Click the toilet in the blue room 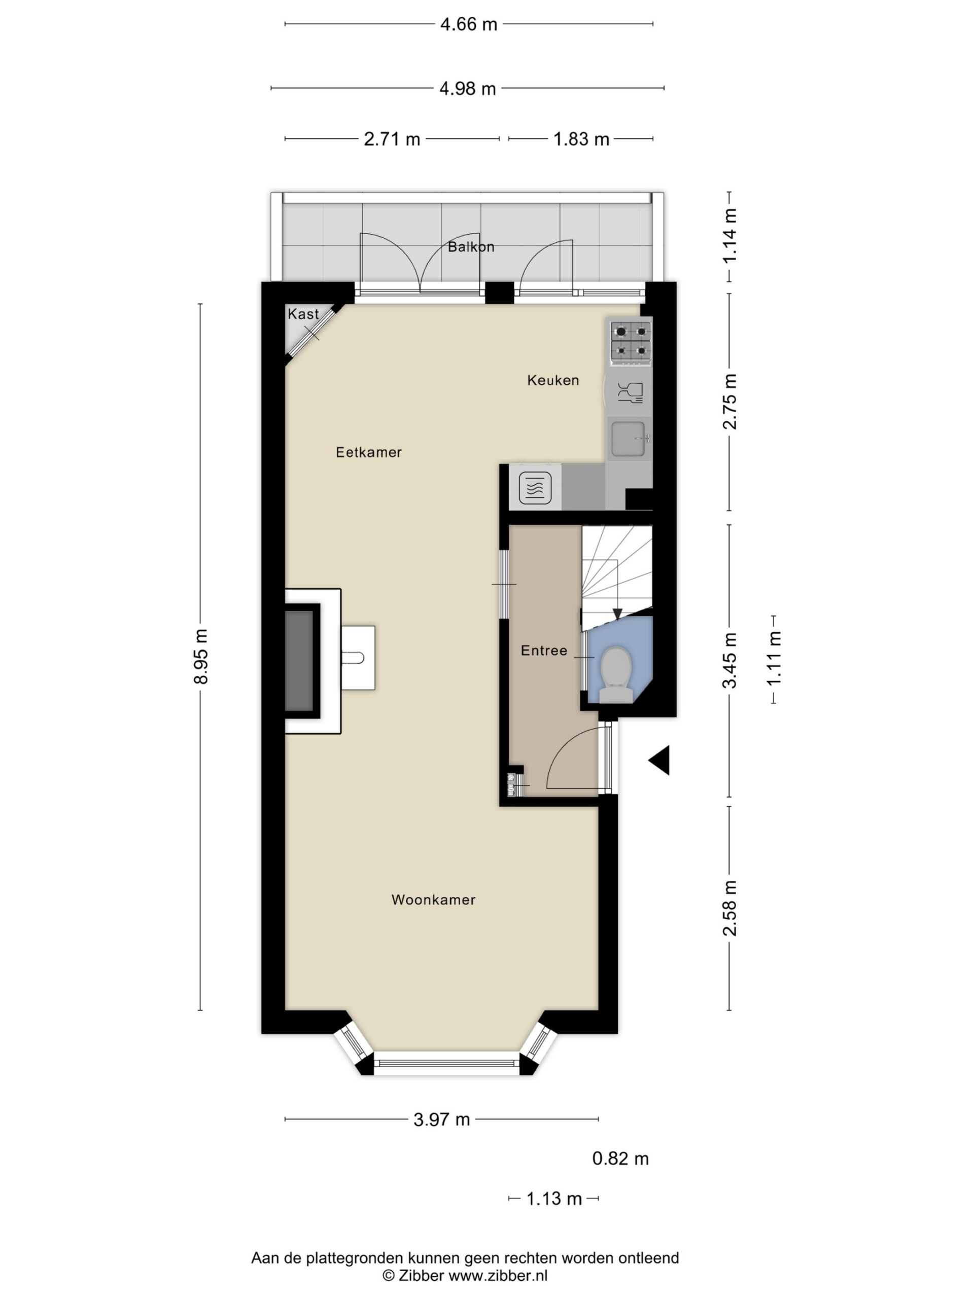tap(615, 674)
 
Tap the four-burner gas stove tap(631, 342)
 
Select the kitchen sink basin tap(628, 439)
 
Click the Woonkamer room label tap(433, 899)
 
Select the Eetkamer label tap(369, 452)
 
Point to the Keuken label tap(553, 380)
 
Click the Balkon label tap(471, 246)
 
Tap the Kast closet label tap(303, 314)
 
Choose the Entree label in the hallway tap(544, 650)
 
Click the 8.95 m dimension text tap(201, 656)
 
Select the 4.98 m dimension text tap(468, 89)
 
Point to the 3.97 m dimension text tap(441, 1120)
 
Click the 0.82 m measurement tap(620, 1159)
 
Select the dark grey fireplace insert tap(299, 661)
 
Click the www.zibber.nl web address tap(499, 1275)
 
